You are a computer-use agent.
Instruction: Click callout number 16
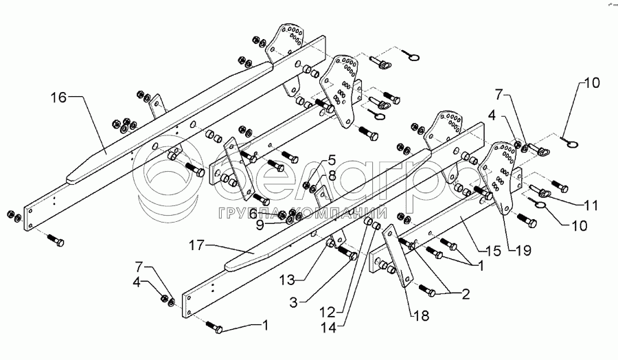click(59, 98)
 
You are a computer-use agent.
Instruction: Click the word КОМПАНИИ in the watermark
click(341, 213)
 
